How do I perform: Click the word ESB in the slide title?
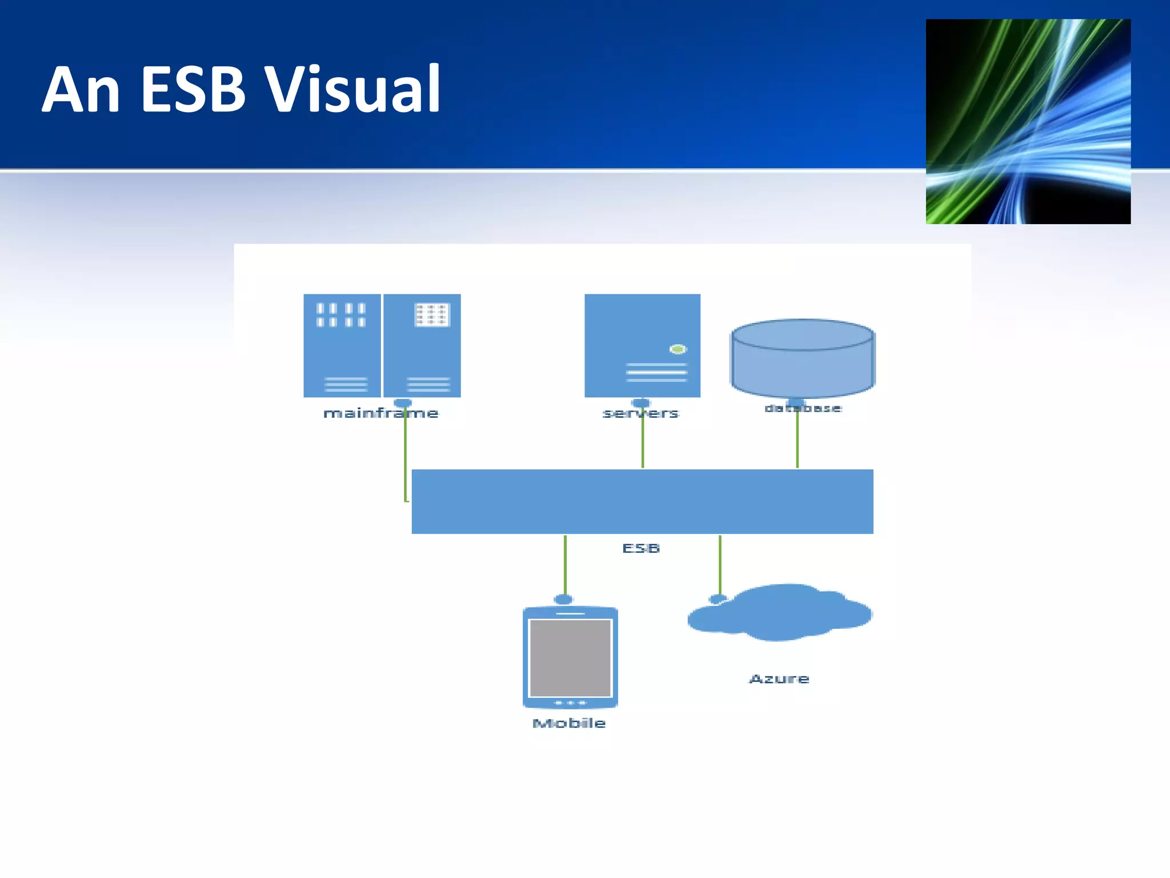[x=193, y=90]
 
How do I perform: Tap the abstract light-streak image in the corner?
[x=1028, y=121]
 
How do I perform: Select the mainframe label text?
[x=380, y=413]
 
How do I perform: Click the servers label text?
[x=640, y=413]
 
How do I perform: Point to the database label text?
[x=803, y=408]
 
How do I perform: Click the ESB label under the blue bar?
[x=641, y=548]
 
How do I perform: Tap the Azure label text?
[x=779, y=679]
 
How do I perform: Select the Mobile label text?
[x=569, y=723]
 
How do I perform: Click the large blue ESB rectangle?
[x=642, y=501]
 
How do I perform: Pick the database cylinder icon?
[x=803, y=359]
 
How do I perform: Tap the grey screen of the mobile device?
[x=570, y=657]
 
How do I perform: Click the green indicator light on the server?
[x=678, y=349]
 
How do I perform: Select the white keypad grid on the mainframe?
[x=432, y=315]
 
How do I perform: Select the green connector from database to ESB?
[x=798, y=443]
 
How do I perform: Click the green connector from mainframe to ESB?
[x=406, y=457]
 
